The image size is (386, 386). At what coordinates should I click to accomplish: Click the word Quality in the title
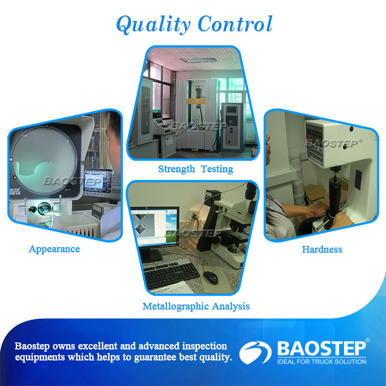pyautogui.click(x=153, y=24)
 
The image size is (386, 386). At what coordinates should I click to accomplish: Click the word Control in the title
pyautogui.click(x=235, y=24)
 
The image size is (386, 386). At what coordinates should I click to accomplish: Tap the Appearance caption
pyautogui.click(x=54, y=249)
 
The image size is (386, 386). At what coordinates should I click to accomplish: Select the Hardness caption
pyautogui.click(x=322, y=249)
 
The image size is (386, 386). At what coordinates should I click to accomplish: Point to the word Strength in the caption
pyautogui.click(x=176, y=169)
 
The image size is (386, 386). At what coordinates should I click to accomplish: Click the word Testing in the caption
pyautogui.click(x=217, y=169)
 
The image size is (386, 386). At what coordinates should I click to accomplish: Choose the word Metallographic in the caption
pyautogui.click(x=176, y=307)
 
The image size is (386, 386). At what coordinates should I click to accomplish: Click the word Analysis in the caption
pyautogui.click(x=230, y=307)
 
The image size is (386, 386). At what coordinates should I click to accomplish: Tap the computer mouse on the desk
pyautogui.click(x=211, y=278)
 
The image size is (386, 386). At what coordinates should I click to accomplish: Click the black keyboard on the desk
pyautogui.click(x=170, y=273)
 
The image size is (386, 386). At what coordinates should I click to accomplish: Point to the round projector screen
pyautogui.click(x=44, y=160)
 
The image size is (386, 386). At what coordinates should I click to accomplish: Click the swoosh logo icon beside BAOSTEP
pyautogui.click(x=255, y=352)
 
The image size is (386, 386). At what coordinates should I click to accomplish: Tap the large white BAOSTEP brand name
pyautogui.click(x=321, y=349)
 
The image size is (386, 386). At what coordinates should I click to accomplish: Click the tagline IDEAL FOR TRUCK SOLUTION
pyautogui.click(x=321, y=362)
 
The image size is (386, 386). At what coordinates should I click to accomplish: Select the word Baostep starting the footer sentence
pyautogui.click(x=32, y=346)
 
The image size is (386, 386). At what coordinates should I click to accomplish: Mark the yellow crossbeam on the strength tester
pyautogui.click(x=196, y=101)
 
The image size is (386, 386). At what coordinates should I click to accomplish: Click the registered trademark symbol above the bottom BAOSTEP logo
pyautogui.click(x=368, y=340)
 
